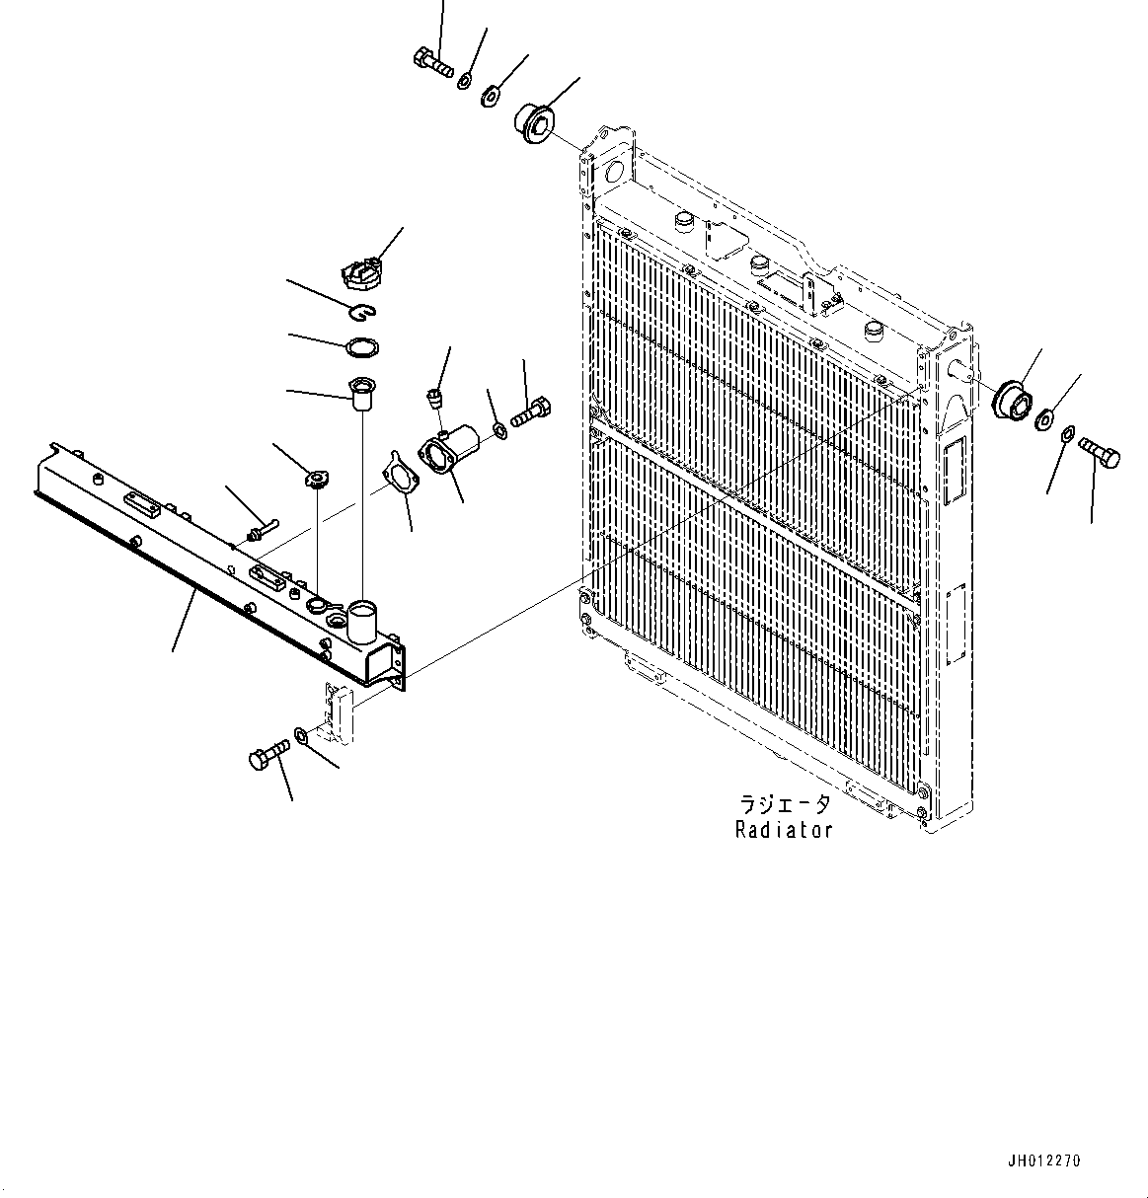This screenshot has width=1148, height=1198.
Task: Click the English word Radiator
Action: point(784,830)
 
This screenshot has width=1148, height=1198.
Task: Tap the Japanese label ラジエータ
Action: point(784,804)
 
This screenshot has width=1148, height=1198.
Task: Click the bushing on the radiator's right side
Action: point(1013,400)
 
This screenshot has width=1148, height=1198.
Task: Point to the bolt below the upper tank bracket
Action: point(266,757)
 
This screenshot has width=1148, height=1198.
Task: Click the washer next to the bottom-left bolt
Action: point(300,735)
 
